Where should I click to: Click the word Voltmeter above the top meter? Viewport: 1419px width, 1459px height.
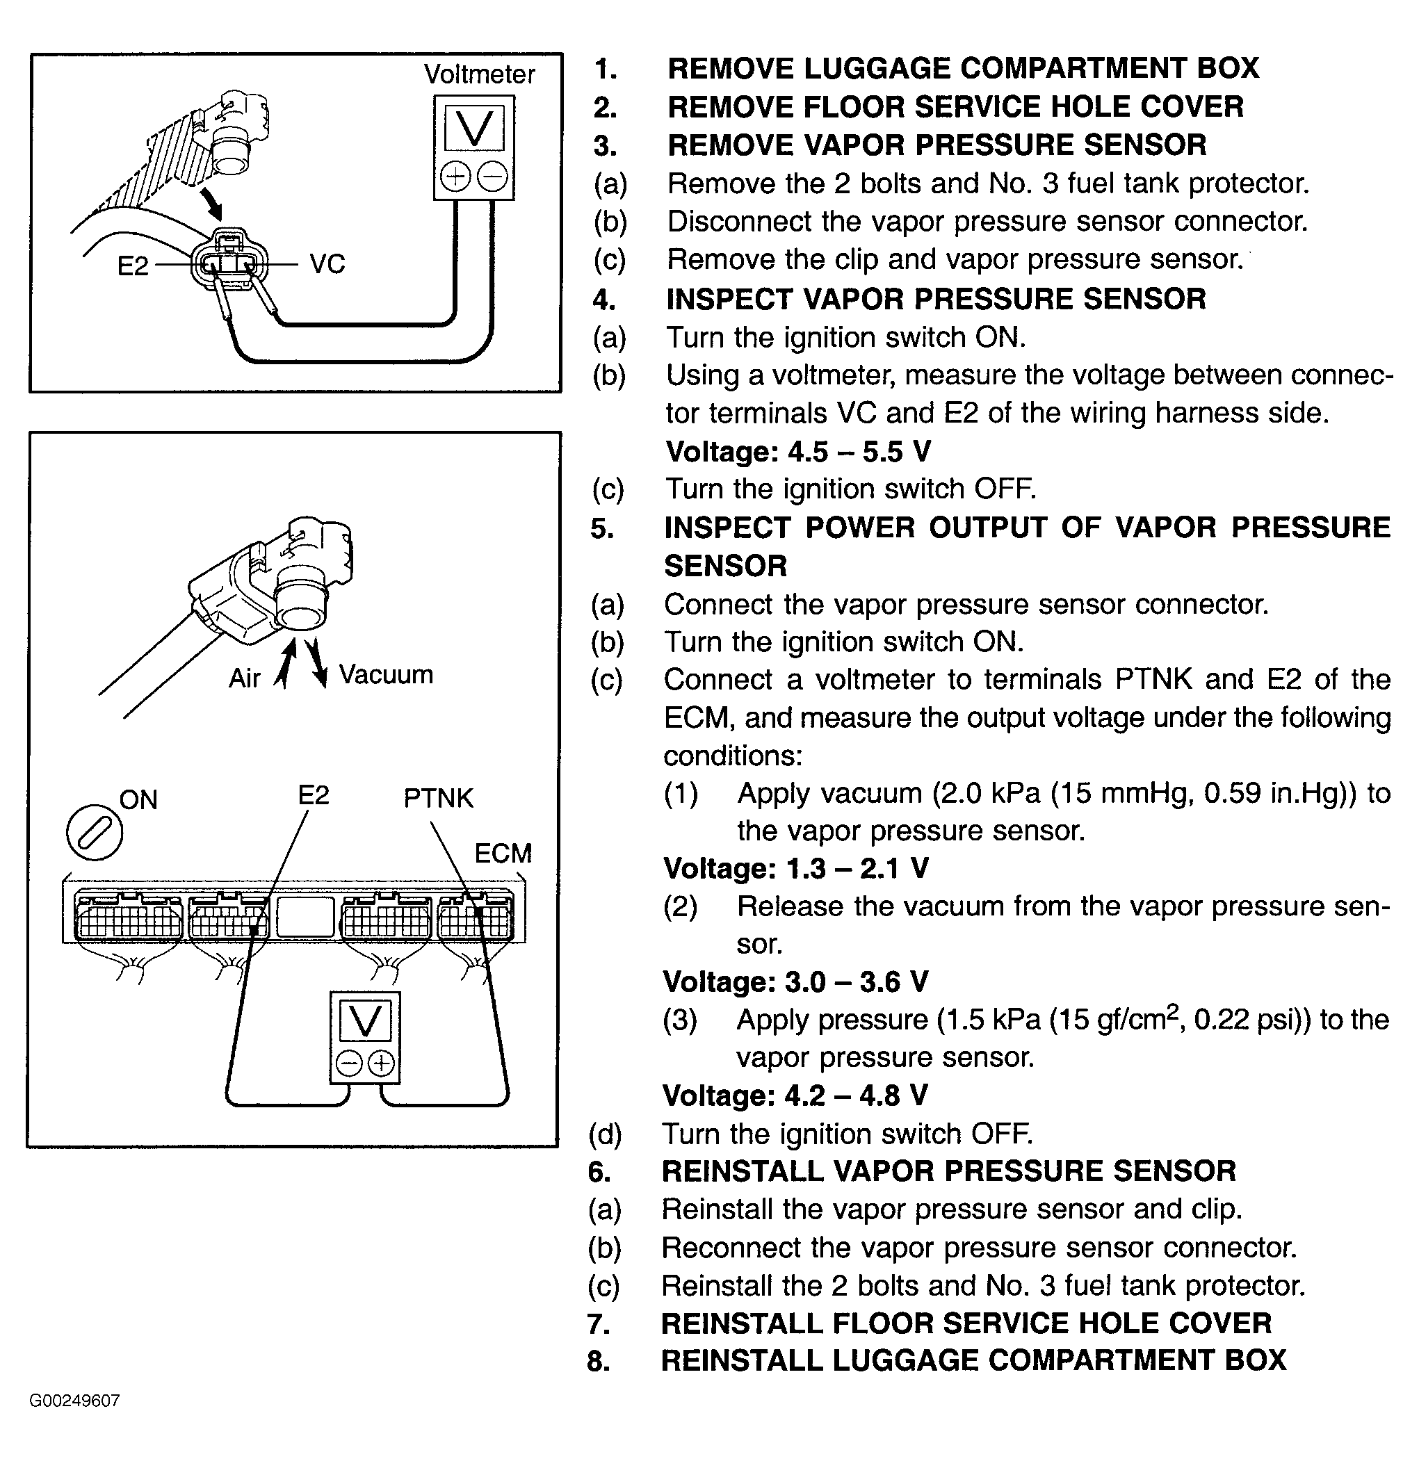479,74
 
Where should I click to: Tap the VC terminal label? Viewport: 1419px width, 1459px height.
327,265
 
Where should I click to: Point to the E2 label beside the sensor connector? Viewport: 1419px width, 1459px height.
133,266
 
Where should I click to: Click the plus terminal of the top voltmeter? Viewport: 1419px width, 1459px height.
455,177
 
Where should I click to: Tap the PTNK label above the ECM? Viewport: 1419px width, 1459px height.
438,799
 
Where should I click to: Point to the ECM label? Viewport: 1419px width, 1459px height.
503,853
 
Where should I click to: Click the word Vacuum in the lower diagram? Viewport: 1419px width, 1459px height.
385,675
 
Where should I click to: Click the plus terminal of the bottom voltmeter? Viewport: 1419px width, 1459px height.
382,1063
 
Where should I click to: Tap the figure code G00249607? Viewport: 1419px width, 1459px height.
74,1401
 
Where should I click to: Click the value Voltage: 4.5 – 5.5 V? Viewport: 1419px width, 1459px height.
797,452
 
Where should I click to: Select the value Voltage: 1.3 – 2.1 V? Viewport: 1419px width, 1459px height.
796,868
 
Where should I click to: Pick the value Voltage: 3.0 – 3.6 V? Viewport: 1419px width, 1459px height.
795,982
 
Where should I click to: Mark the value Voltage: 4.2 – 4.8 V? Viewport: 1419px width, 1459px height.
795,1095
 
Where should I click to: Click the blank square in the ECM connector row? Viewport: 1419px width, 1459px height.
305,918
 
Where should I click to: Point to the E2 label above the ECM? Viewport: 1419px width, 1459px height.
313,796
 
